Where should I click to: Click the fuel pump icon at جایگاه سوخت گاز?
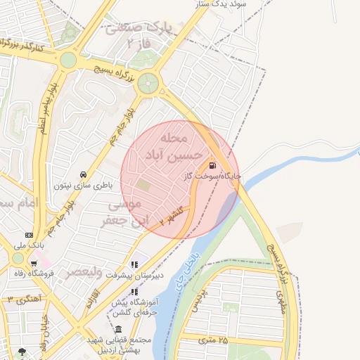click(212, 166)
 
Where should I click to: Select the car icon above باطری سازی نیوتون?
click(83, 174)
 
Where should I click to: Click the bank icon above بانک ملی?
click(29, 235)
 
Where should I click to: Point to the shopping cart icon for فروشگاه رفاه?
click(34, 264)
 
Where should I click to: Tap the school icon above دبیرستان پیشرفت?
click(135, 265)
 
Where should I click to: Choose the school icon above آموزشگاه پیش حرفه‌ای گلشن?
click(135, 291)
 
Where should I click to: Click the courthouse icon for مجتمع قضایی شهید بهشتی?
click(117, 330)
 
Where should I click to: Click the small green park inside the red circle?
click(143, 185)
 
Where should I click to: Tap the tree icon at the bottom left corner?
click(23, 351)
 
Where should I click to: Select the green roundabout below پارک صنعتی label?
click(148, 84)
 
